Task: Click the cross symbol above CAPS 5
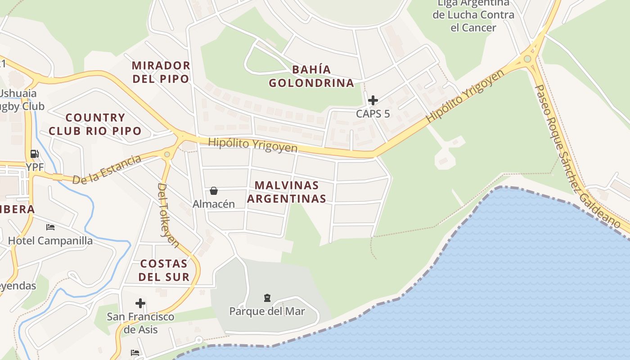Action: [373, 100]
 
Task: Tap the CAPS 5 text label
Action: [373, 114]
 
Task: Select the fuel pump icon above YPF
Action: [34, 154]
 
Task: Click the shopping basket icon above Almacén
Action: [214, 191]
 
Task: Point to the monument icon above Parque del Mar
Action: [267, 298]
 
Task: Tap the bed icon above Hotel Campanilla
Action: [50, 227]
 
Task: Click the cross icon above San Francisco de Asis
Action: [140, 303]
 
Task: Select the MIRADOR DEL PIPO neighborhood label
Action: [161, 72]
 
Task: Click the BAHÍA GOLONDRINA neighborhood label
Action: [311, 76]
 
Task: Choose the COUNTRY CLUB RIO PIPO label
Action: [95, 124]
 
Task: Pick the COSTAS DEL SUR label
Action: [163, 270]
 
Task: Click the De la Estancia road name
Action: [107, 169]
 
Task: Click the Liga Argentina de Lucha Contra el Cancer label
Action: [473, 15]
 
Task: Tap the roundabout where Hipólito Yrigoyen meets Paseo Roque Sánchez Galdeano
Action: [527, 59]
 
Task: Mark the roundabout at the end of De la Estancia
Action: [167, 154]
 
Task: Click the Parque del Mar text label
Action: [267, 311]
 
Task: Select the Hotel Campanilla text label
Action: [50, 241]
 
